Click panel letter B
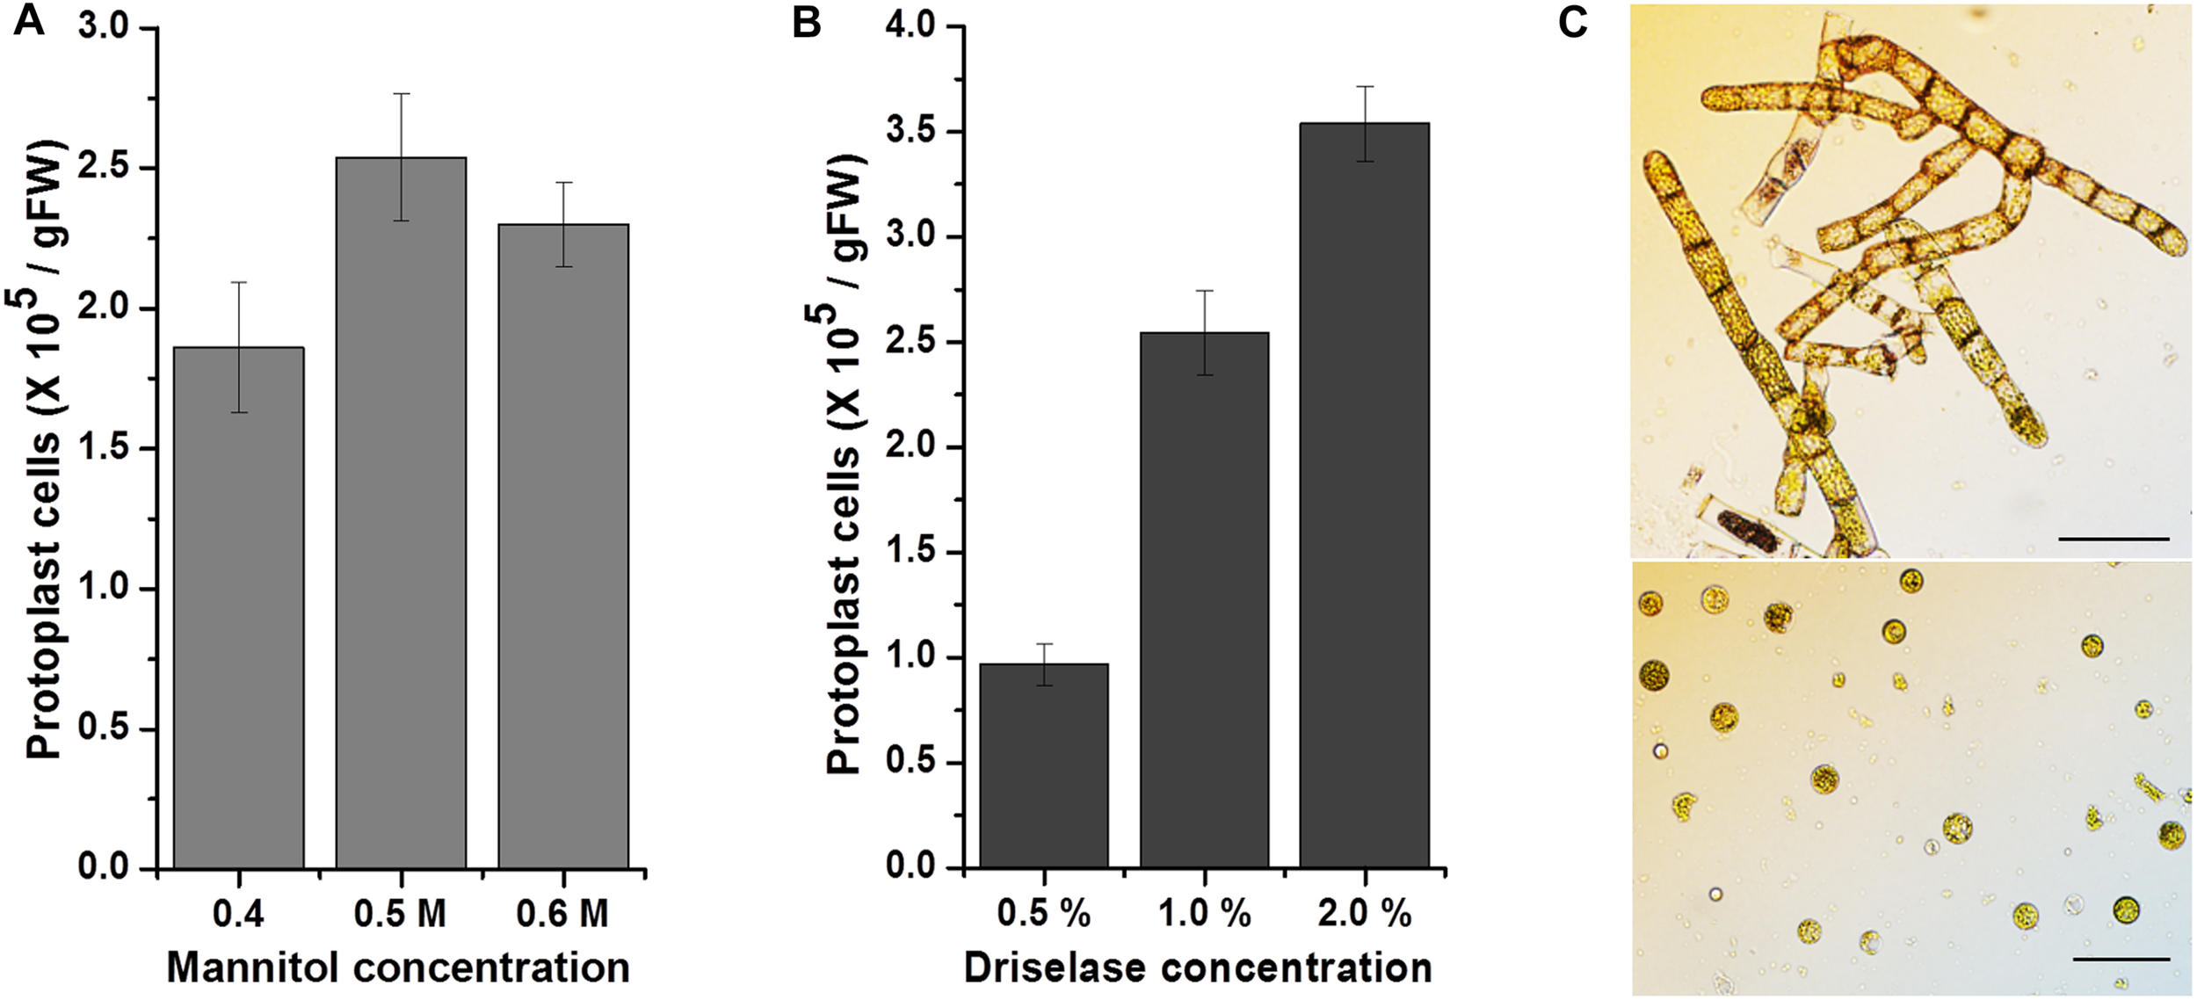tap(806, 23)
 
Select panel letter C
tap(1572, 23)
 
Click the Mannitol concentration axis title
tap(398, 967)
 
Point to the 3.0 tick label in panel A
tap(103, 28)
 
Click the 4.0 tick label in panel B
tap(910, 28)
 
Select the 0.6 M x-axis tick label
tap(562, 914)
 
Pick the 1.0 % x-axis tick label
tap(1204, 914)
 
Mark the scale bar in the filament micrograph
tap(2114, 539)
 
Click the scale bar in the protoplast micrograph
tap(2121, 960)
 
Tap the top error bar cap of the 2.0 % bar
tap(1364, 86)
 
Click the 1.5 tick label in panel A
tap(103, 449)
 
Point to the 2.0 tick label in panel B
tap(910, 447)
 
